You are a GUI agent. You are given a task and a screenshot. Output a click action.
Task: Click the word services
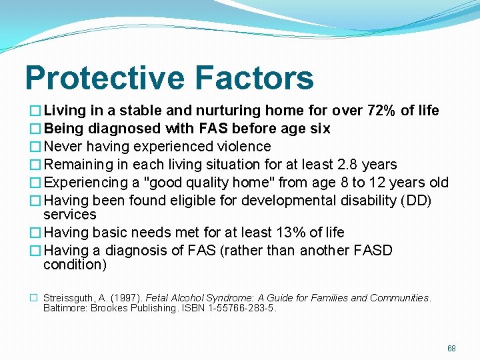click(70, 215)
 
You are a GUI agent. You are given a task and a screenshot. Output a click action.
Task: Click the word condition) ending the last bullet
click(75, 265)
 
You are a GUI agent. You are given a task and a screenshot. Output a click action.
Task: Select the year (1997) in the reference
click(126, 298)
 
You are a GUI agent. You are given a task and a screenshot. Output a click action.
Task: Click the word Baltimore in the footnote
click(65, 309)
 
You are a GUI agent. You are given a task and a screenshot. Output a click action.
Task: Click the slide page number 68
click(451, 349)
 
